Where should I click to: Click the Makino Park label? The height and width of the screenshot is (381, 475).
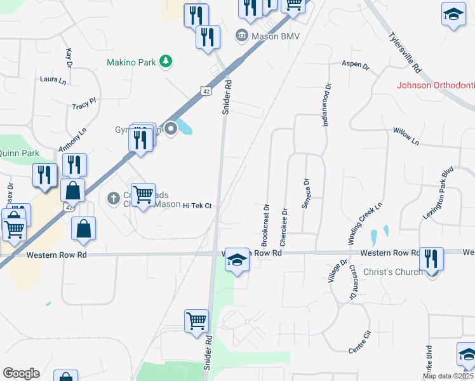tap(131, 62)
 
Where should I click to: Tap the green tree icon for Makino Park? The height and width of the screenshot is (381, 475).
tap(166, 61)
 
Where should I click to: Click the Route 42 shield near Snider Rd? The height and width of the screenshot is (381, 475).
tap(204, 91)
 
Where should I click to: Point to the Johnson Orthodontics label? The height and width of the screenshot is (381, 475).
tap(436, 85)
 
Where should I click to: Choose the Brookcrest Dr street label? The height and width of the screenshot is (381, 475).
tap(265, 225)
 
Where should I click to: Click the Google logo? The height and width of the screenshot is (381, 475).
tap(21, 373)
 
